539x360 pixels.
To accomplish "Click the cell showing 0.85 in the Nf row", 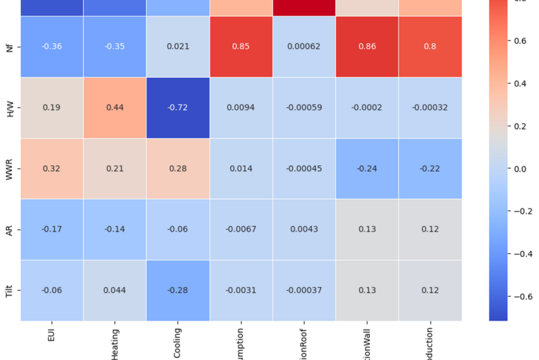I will [x=241, y=47].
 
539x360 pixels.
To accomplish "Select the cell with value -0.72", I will [x=178, y=108].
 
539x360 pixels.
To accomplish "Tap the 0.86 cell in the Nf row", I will [x=367, y=47].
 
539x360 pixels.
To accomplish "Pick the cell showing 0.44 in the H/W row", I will [x=115, y=108].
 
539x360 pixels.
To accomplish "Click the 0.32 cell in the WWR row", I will [x=51, y=168].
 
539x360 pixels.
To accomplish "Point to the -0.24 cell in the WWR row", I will [x=367, y=168].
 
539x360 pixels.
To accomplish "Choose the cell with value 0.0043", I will [x=304, y=229].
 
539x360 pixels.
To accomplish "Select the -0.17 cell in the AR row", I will [x=51, y=229].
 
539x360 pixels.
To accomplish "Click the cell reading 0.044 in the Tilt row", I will [x=115, y=290].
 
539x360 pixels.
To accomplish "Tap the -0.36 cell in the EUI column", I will [x=51, y=47].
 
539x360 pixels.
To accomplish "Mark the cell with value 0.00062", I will [x=304, y=47].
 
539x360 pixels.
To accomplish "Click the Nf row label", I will [x=9, y=47].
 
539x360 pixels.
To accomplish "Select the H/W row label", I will [x=9, y=108].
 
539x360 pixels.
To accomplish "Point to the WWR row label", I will [x=9, y=168].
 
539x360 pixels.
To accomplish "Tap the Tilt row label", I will [x=9, y=290].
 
